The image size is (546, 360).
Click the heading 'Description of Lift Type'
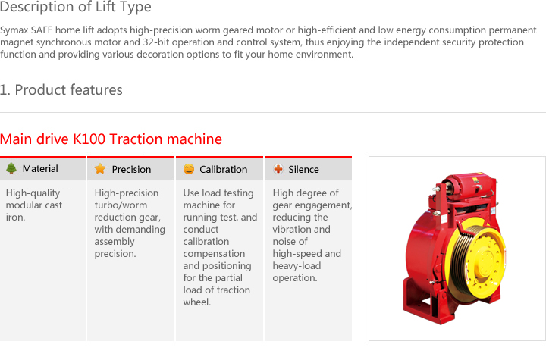click(76, 7)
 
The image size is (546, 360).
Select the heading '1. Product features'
click(61, 90)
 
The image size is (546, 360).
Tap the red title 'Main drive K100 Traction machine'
click(111, 139)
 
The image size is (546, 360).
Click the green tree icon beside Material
click(11, 168)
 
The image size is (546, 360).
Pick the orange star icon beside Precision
click(100, 169)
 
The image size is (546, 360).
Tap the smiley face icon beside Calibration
click(189, 169)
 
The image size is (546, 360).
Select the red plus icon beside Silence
click(278, 169)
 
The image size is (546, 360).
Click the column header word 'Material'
click(40, 169)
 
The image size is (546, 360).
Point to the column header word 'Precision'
click(131, 170)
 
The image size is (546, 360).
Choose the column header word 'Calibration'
click(223, 170)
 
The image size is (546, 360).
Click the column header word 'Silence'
click(303, 170)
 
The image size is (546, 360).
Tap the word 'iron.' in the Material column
click(15, 218)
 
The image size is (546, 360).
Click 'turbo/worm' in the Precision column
click(121, 205)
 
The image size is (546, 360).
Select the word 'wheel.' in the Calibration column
click(197, 302)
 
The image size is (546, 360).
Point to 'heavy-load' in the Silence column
click(297, 266)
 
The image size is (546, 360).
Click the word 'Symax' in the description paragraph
click(14, 30)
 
